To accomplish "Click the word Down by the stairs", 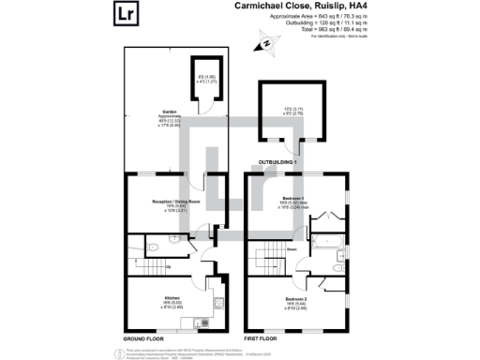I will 292,249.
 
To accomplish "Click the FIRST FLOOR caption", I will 262,337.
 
